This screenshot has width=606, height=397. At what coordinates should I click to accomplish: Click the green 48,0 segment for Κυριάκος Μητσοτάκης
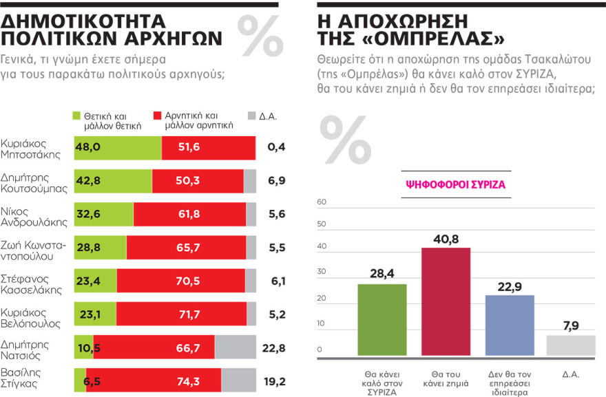click(x=117, y=147)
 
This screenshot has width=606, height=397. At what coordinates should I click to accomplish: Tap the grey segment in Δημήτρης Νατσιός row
click(x=235, y=347)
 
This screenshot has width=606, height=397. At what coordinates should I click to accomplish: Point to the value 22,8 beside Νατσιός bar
click(x=273, y=347)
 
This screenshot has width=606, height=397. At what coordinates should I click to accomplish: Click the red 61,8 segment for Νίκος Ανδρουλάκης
click(x=189, y=214)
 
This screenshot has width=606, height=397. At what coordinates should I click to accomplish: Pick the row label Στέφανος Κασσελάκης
click(x=33, y=280)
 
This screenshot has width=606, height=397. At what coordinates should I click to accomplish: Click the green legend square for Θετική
click(x=77, y=116)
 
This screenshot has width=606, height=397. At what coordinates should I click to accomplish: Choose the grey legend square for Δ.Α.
click(x=251, y=116)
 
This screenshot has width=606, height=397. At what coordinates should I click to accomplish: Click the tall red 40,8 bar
click(x=446, y=301)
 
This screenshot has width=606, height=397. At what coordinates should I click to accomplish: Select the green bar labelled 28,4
click(x=382, y=319)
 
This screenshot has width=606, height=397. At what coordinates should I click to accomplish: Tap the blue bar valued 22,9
click(x=510, y=325)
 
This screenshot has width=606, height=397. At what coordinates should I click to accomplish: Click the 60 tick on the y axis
click(x=320, y=202)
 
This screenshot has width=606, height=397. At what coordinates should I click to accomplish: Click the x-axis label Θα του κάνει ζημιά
click(x=446, y=378)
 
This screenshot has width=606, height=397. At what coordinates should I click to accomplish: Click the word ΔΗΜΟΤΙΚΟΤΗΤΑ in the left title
click(x=94, y=19)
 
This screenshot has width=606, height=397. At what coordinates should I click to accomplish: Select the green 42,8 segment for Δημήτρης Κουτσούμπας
click(x=113, y=180)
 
